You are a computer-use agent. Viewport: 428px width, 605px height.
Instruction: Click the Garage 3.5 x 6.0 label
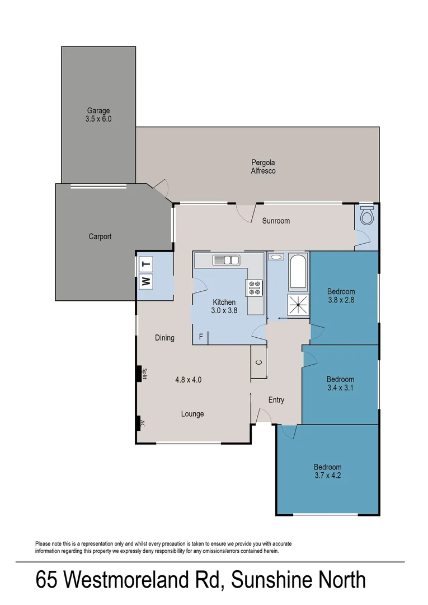[98, 115]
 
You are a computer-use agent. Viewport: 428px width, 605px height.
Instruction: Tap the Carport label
[100, 236]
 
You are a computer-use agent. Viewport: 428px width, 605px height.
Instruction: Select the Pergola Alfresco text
[263, 167]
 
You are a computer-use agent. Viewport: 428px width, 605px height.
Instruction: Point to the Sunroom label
[276, 221]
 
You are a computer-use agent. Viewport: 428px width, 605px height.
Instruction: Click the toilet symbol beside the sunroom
[367, 216]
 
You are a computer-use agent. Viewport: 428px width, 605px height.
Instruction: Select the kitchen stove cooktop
[254, 288]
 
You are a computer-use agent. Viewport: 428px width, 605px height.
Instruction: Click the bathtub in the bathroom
[298, 272]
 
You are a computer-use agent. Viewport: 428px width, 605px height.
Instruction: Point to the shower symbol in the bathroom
[298, 303]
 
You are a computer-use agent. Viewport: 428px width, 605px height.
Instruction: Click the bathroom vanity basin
[275, 257]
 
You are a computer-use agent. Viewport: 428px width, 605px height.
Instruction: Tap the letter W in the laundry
[146, 281]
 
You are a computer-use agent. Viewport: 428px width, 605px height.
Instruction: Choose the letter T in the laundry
[146, 264]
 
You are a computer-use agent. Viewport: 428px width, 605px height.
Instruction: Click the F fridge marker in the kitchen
[201, 337]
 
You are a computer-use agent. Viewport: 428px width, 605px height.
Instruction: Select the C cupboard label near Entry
[258, 362]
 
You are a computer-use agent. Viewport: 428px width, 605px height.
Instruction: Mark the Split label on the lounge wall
[144, 374]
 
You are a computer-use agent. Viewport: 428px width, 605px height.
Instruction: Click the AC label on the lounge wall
[143, 423]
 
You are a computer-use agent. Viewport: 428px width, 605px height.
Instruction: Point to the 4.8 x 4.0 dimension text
[188, 379]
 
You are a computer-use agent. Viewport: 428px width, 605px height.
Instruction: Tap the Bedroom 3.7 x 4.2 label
[327, 471]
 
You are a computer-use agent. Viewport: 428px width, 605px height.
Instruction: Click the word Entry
[276, 400]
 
